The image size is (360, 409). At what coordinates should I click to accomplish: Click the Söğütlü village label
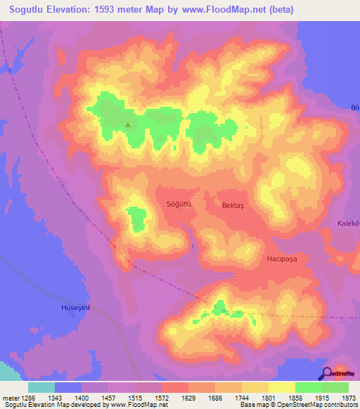179,204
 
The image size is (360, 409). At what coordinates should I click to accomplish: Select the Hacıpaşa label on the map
282,259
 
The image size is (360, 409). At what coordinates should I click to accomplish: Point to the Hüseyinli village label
73,308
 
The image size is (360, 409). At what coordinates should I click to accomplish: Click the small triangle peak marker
128,126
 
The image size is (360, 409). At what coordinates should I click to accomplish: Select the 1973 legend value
349,398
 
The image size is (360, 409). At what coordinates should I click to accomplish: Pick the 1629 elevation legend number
188,398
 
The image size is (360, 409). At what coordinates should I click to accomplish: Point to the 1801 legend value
269,398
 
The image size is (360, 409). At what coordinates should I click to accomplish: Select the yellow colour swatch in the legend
282,387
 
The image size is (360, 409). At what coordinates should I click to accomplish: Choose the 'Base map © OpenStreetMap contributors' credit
297,405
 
